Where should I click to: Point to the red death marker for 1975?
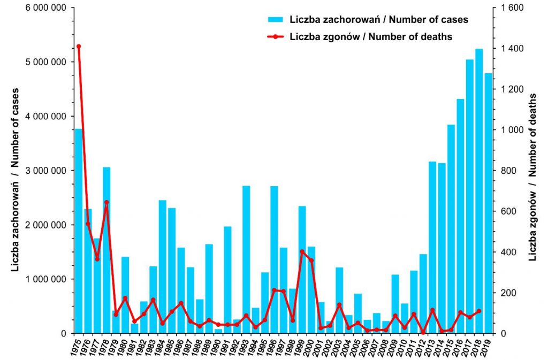tap(79, 46)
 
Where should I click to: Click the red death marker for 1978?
tap(106, 203)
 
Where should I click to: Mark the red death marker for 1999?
tap(302, 251)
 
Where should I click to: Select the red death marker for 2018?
tap(479, 311)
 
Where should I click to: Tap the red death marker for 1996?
tap(274, 290)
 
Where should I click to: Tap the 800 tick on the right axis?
tap(509, 171)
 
